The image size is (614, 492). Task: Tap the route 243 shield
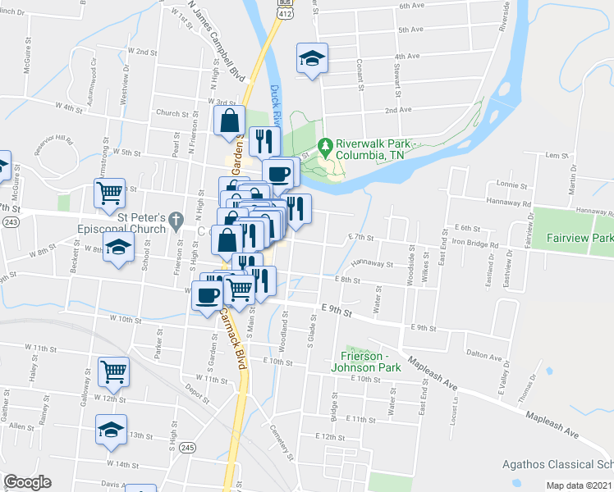(10, 222)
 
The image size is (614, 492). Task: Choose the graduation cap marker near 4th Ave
(312, 58)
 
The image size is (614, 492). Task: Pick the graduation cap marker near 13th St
(110, 430)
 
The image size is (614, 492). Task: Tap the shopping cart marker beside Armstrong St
(109, 194)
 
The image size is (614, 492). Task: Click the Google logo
(27, 482)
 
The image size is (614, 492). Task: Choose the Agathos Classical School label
(557, 464)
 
